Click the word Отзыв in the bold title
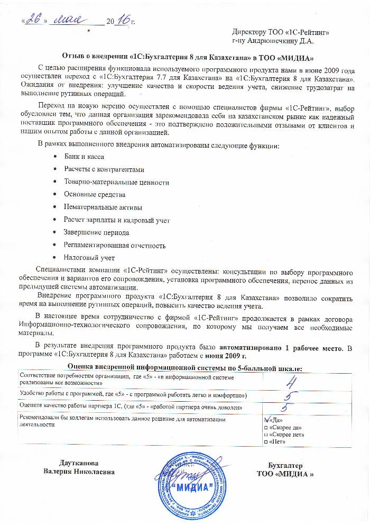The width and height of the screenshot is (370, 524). pyautogui.click(x=75, y=57)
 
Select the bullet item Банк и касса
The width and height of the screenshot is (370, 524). pyautogui.click(x=84, y=157)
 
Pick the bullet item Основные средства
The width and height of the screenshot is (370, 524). pyautogui.click(x=94, y=195)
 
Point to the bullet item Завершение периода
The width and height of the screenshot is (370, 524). pyautogui.click(x=96, y=232)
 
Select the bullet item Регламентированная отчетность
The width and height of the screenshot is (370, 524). pyautogui.click(x=115, y=245)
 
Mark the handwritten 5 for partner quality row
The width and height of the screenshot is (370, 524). pyautogui.click(x=284, y=408)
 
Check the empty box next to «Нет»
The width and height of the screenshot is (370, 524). pyautogui.click(x=265, y=441)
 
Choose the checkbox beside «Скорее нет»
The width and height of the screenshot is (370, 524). pyautogui.click(x=265, y=433)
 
